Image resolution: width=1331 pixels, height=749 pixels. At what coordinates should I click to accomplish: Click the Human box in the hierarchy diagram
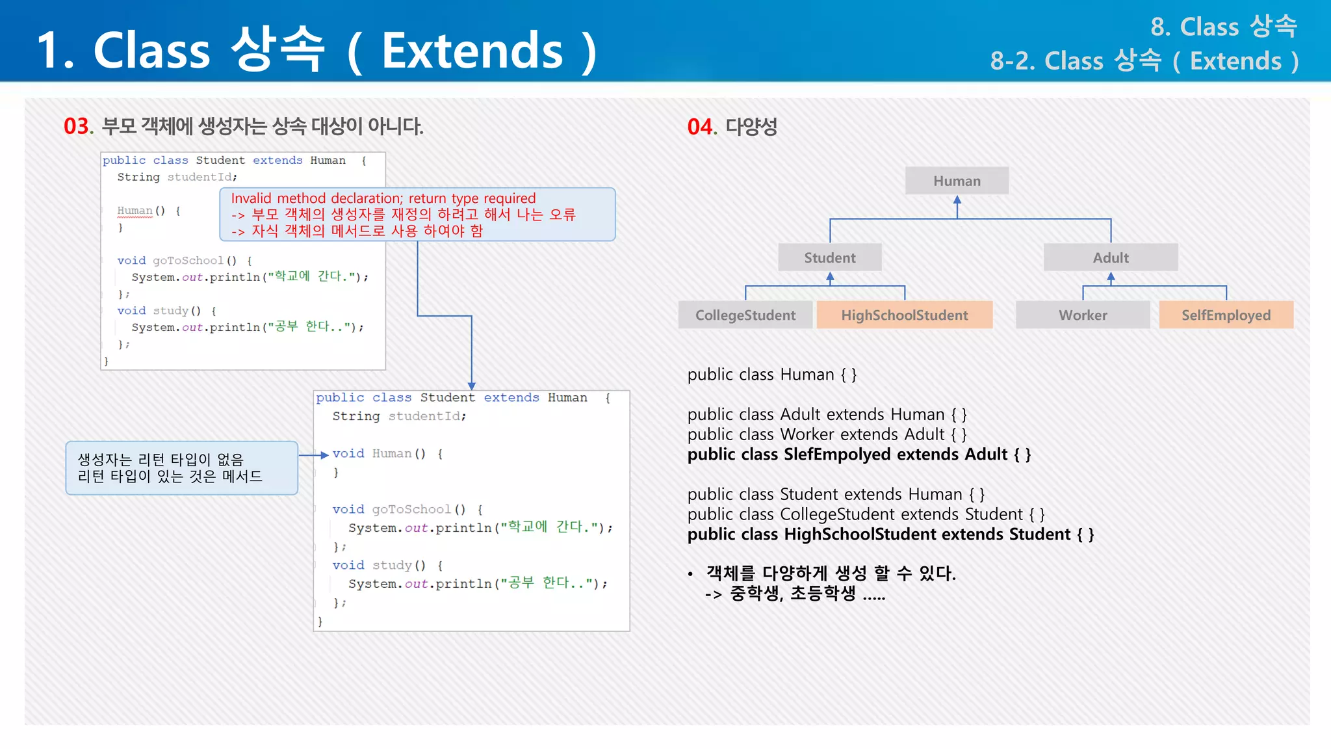(957, 181)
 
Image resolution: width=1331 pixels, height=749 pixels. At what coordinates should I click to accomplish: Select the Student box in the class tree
(830, 257)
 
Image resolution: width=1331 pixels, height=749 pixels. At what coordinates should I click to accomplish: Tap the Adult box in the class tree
(1110, 257)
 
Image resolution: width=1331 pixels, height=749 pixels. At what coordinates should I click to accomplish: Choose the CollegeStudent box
(745, 315)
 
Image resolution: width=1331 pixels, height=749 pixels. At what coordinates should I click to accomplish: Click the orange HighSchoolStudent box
(904, 315)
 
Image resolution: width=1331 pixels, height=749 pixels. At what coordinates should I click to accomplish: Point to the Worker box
(1082, 315)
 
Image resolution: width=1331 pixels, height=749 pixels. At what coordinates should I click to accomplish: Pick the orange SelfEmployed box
(1226, 315)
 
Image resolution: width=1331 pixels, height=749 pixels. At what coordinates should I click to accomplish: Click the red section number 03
(77, 126)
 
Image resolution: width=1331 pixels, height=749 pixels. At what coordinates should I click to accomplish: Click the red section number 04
(701, 127)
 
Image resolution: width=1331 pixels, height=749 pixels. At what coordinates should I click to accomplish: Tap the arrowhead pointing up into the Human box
(957, 200)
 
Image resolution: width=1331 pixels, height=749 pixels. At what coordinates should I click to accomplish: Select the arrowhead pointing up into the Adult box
(1111, 277)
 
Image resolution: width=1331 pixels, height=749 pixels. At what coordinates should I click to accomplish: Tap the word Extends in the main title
(472, 51)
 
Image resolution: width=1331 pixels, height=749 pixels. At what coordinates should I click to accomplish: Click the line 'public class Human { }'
(771, 375)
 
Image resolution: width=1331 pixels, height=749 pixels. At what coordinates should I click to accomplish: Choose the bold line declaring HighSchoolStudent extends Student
(890, 534)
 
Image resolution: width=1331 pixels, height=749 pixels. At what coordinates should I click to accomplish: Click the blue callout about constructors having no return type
(181, 468)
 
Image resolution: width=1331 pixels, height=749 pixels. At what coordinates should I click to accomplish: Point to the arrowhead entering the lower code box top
(472, 386)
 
